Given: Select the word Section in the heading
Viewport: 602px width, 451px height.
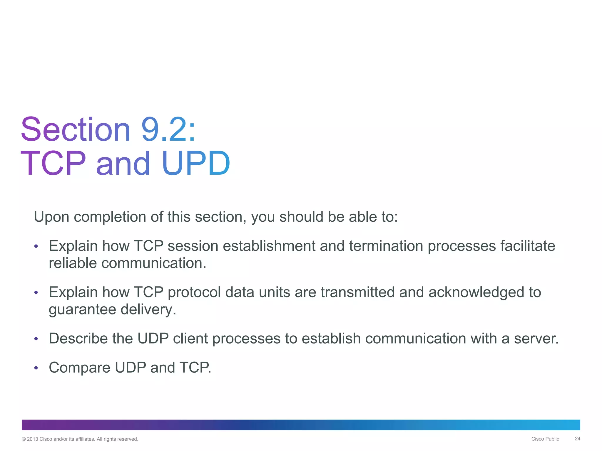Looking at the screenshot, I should point(76,130).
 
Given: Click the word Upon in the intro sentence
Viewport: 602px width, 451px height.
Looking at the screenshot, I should point(51,217).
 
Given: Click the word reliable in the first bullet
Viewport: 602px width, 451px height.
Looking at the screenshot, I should point(73,263).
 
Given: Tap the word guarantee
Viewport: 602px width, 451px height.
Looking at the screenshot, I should point(82,309).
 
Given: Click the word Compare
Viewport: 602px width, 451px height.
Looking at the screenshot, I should point(79,368).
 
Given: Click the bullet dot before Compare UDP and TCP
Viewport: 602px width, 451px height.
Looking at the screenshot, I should point(36,368).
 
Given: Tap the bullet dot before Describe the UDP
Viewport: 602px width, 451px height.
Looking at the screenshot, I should point(36,339).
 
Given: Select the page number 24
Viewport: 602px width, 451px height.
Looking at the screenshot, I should point(577,439).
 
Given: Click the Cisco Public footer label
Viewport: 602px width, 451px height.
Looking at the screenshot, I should point(545,439).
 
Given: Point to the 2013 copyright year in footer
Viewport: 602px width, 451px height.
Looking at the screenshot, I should point(32,439).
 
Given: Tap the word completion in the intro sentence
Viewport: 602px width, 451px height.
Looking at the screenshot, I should point(110,217).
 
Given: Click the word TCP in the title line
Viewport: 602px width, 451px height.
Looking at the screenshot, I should point(53,164).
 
